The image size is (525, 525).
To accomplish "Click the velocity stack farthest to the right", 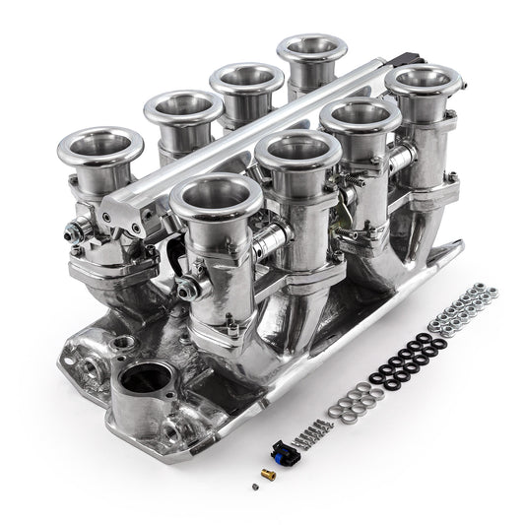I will [x=424, y=81].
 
